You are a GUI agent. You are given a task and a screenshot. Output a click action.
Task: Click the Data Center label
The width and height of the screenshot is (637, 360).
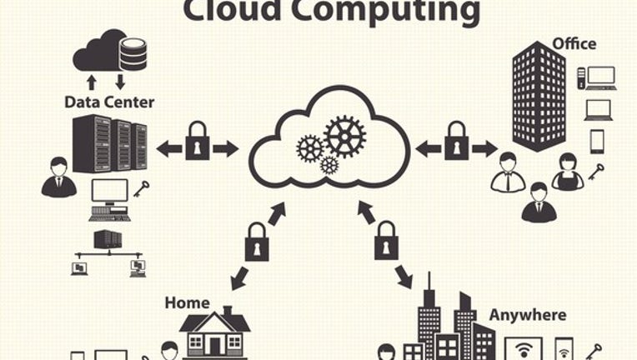[109, 102]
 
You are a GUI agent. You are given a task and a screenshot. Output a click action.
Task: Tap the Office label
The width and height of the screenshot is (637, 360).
[574, 43]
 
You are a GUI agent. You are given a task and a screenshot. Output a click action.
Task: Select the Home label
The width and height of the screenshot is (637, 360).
[188, 302]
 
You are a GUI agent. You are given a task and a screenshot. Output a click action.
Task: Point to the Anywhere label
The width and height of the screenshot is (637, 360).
[528, 315]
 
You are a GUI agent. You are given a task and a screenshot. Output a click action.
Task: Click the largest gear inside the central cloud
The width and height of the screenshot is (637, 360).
[344, 137]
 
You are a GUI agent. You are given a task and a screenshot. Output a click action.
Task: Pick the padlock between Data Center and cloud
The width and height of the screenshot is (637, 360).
[198, 141]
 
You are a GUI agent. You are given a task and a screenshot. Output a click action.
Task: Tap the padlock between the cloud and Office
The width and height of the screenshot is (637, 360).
[457, 141]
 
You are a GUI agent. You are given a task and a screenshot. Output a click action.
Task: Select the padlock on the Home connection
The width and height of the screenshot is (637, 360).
[257, 242]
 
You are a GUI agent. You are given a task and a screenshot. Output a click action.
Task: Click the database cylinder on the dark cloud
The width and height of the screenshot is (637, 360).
[133, 54]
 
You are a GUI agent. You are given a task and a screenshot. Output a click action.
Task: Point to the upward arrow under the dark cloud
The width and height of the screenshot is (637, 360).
[92, 82]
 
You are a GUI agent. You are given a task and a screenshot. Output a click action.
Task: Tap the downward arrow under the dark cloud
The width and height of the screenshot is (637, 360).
[120, 82]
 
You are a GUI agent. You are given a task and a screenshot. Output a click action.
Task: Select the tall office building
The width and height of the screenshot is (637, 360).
[539, 97]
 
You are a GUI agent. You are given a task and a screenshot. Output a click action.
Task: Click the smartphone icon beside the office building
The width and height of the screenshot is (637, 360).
[597, 142]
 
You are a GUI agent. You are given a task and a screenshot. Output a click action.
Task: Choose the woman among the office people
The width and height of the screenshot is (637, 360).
[568, 172]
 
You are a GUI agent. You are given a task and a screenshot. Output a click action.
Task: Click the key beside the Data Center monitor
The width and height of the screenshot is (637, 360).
[142, 189]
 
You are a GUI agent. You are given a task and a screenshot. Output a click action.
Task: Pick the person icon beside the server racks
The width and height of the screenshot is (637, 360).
[59, 177]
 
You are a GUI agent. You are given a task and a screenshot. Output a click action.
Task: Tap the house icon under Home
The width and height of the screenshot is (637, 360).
[215, 332]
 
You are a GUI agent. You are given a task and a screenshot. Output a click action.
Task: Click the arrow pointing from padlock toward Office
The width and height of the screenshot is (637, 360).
[484, 149]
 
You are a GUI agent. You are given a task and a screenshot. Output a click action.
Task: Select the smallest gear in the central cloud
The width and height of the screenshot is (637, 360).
[329, 165]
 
